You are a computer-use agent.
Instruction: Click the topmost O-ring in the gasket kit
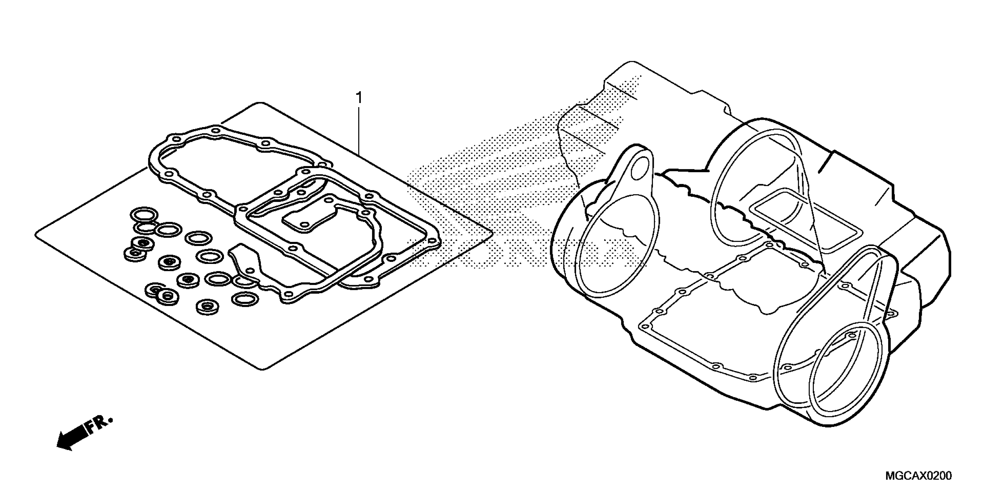144,215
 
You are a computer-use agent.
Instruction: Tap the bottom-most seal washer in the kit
208,306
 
